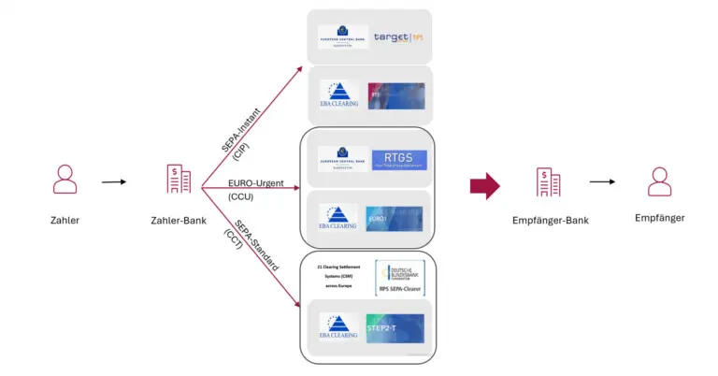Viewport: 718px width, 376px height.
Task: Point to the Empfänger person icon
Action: pyautogui.click(x=661, y=181)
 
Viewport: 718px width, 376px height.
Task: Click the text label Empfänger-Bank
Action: pyautogui.click(x=549, y=223)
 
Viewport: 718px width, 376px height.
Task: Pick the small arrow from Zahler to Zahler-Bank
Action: pyautogui.click(x=113, y=181)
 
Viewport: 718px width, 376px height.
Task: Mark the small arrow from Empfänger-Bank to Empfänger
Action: pyautogui.click(x=602, y=181)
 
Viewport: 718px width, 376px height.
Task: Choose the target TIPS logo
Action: pyautogui.click(x=398, y=38)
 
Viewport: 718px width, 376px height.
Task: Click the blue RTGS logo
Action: pyautogui.click(x=398, y=159)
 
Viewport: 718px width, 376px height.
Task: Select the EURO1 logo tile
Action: pyautogui.click(x=396, y=218)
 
